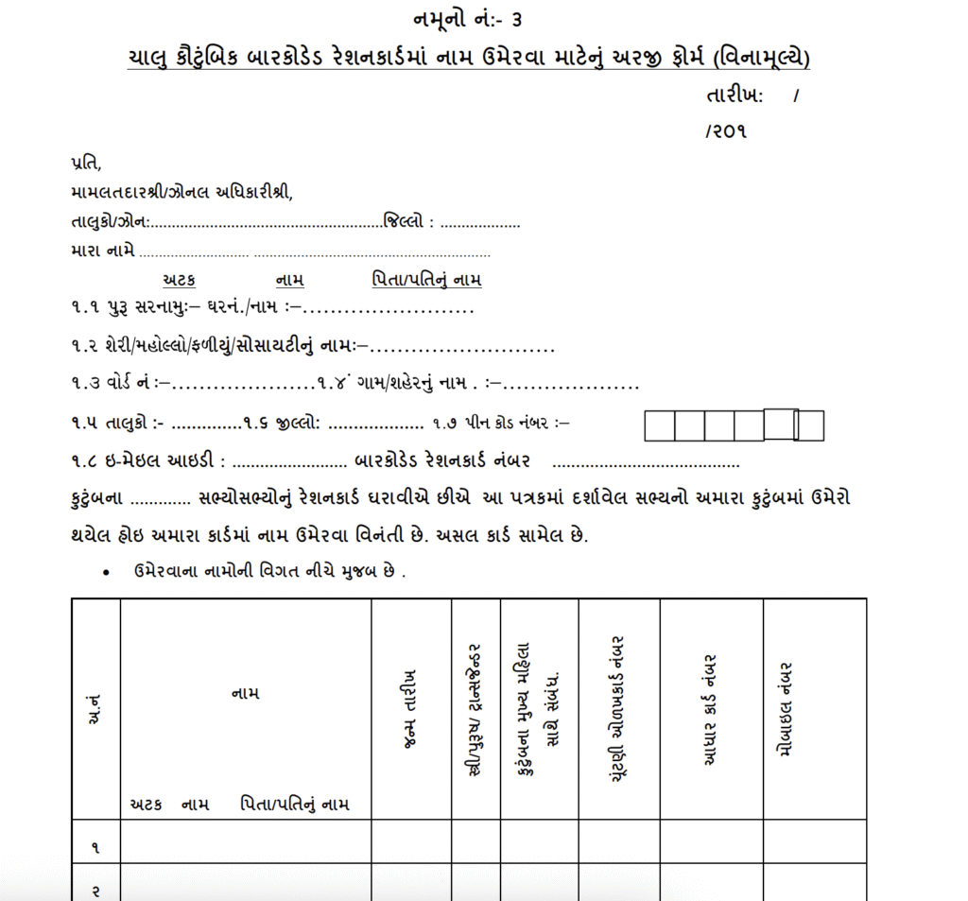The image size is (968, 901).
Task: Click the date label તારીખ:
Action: click(734, 95)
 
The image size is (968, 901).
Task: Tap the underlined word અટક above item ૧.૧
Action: click(179, 280)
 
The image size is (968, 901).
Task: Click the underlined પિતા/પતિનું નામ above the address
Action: click(426, 280)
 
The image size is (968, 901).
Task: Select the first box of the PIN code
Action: click(659, 426)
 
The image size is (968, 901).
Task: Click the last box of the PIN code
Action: click(810, 425)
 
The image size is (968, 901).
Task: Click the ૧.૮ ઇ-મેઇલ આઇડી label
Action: click(147, 462)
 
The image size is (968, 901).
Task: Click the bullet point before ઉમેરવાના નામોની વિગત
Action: click(108, 573)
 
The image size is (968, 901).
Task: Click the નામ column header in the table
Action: click(245, 694)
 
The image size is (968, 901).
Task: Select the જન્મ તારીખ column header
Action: click(409, 710)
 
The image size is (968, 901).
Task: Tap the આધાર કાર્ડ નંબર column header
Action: click(711, 709)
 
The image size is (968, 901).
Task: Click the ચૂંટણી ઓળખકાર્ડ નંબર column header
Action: click(619, 709)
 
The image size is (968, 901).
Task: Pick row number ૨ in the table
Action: click(95, 890)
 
